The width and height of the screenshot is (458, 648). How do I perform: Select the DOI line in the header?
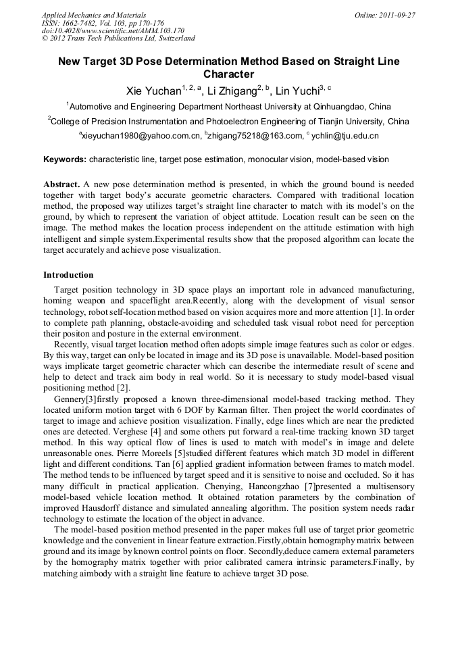(113, 30)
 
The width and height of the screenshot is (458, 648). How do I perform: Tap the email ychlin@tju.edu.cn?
(345, 136)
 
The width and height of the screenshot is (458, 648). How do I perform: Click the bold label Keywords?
(65, 159)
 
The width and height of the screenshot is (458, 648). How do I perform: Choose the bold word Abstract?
(61, 184)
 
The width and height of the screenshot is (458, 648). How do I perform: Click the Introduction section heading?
(68, 275)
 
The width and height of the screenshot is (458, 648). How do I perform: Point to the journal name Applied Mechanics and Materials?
(94, 14)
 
